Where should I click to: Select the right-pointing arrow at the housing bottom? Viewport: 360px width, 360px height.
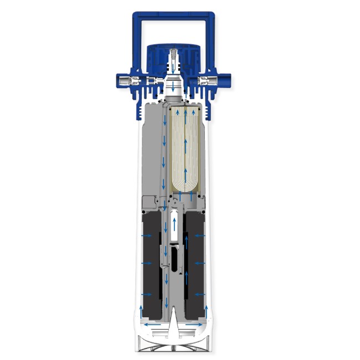point(195,323)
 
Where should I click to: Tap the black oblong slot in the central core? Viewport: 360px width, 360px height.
point(176,260)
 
